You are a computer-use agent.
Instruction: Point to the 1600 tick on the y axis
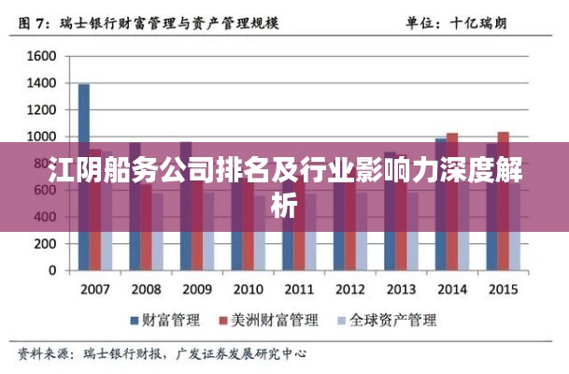42,56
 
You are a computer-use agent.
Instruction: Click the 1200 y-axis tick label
42,110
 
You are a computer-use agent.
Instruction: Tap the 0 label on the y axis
52,272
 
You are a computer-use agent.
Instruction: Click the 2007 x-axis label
95,289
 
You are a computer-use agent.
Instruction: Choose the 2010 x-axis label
248,289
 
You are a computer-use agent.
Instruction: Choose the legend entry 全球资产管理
387,321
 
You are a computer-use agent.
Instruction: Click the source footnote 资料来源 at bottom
164,355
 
